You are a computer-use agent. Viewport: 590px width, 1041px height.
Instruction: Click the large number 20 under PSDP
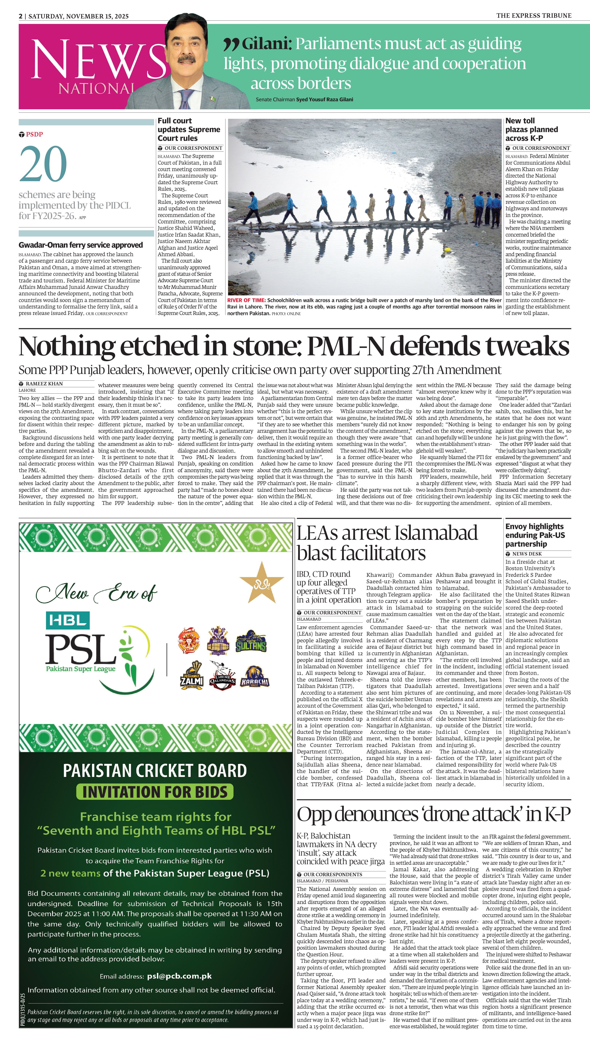(x=43, y=164)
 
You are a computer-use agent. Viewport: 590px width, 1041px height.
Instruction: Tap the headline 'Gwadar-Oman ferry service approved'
(x=81, y=245)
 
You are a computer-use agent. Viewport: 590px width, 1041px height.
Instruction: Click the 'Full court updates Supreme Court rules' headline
(x=189, y=129)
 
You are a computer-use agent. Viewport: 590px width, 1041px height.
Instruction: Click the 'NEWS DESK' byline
(x=527, y=554)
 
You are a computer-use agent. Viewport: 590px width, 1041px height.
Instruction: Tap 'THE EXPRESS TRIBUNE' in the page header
(x=534, y=15)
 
